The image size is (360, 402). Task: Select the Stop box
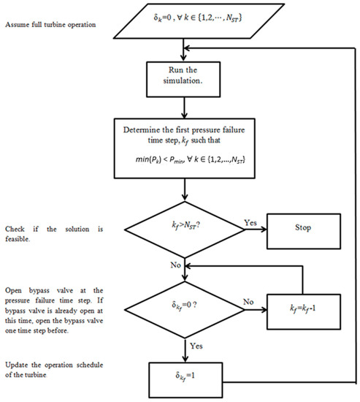point(302,227)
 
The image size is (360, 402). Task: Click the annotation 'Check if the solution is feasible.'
point(53,234)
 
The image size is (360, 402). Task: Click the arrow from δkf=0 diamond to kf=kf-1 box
point(252,302)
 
